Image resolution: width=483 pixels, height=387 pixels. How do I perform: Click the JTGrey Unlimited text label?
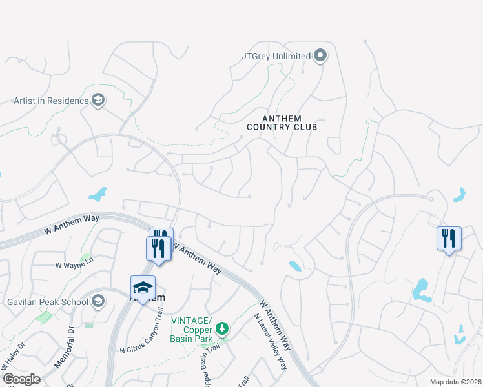click(x=276, y=56)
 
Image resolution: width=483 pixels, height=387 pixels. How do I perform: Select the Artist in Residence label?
click(x=51, y=101)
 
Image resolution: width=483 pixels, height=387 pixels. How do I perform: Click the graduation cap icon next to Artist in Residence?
click(x=98, y=100)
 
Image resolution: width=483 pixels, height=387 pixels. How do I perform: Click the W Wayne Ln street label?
click(x=74, y=264)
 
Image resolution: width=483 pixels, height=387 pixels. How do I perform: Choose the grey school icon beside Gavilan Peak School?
click(x=98, y=301)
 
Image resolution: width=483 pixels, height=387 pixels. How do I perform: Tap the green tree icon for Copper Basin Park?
click(x=222, y=329)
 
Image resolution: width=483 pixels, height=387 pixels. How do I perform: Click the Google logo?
click(x=21, y=379)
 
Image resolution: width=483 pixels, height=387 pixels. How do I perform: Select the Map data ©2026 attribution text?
click(x=455, y=382)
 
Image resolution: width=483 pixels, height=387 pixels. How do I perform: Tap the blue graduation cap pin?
click(x=143, y=287)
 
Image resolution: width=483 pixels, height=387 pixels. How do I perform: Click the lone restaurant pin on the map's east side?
click(x=449, y=239)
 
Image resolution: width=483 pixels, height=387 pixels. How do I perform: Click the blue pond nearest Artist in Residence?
click(x=98, y=193)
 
